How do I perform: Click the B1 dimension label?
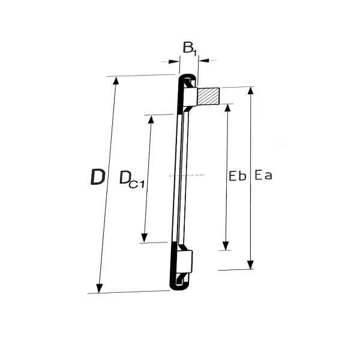click(190, 49)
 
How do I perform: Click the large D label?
click(98, 177)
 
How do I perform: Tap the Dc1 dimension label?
click(132, 179)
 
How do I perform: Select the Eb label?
click(238, 176)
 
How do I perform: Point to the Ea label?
click(263, 175)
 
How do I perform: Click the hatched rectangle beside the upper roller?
click(208, 96)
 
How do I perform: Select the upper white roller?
click(190, 97)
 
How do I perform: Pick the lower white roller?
click(185, 261)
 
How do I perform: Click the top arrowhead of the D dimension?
click(116, 81)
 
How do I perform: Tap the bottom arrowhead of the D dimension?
click(100, 289)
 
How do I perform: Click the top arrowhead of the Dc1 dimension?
click(151, 120)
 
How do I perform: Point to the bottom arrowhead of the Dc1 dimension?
click(144, 238)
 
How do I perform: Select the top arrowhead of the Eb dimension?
click(227, 109)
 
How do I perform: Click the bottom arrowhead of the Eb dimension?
click(226, 245)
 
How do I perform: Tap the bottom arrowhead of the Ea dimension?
click(250, 265)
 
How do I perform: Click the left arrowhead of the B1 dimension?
click(174, 62)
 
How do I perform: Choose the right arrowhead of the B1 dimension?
click(203, 61)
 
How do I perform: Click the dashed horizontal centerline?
click(187, 175)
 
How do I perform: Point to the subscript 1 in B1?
click(194, 53)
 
